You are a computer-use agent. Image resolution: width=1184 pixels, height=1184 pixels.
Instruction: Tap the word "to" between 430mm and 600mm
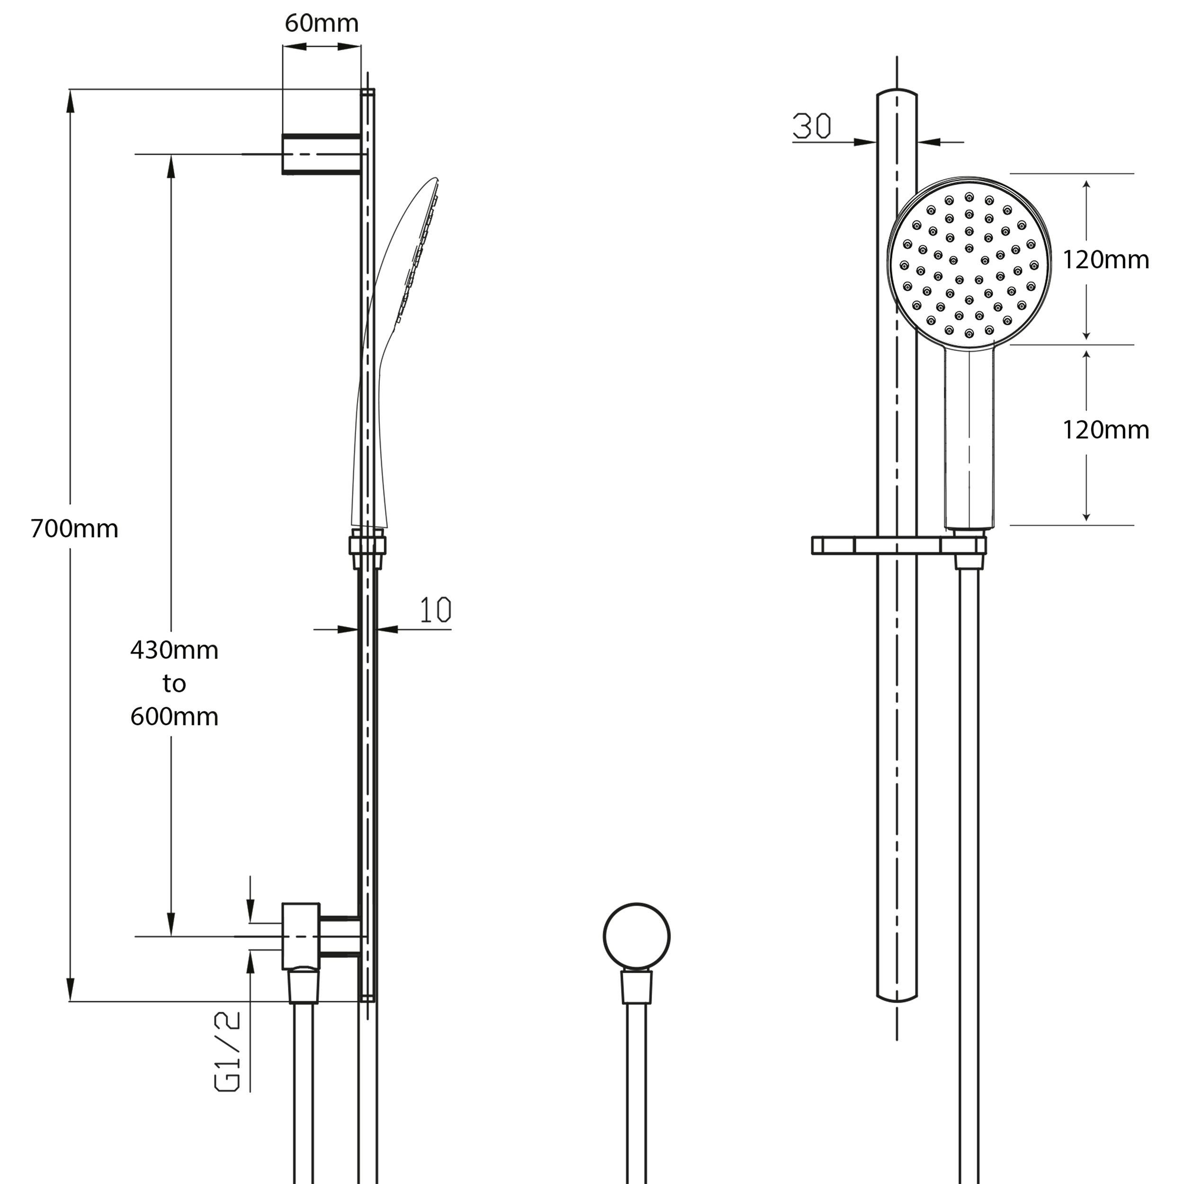pos(174,683)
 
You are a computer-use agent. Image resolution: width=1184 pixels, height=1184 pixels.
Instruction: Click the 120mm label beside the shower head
pos(1105,260)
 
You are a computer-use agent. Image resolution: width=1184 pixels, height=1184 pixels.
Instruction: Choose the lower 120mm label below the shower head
pos(1105,430)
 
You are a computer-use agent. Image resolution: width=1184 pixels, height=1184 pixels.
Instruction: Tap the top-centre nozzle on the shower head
pos(969,197)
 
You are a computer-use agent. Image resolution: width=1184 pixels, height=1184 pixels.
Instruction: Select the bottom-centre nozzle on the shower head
pos(969,333)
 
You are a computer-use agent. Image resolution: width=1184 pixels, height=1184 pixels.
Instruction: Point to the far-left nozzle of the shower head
pos(904,265)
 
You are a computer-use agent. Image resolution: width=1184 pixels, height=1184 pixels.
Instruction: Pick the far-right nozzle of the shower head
pos(1034,265)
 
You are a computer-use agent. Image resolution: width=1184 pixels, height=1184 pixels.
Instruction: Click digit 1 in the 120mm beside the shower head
pos(1067,260)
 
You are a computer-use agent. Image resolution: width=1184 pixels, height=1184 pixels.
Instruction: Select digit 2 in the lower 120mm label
pos(1080,430)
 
